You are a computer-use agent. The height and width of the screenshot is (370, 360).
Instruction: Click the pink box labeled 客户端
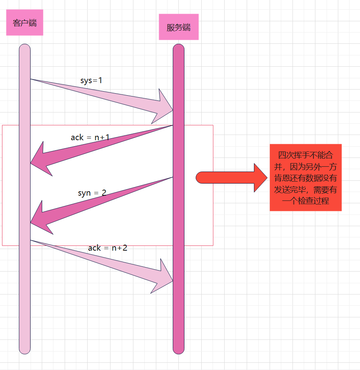(25, 23)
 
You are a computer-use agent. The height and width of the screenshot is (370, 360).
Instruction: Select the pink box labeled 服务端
(178, 27)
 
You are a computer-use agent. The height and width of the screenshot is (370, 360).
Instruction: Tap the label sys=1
(91, 80)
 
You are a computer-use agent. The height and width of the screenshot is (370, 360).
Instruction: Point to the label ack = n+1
(90, 137)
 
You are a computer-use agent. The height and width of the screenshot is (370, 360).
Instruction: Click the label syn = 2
(92, 193)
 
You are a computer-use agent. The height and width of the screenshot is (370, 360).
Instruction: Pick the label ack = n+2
(108, 248)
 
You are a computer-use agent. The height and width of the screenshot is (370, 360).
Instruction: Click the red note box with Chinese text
(305, 177)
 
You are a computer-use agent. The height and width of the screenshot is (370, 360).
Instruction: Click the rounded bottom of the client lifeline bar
(25, 351)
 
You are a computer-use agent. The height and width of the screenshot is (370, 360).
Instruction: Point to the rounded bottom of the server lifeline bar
(178, 351)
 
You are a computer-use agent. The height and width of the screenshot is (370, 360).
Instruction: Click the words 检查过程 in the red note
(313, 201)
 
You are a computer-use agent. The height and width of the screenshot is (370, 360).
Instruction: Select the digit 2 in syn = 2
(104, 193)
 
